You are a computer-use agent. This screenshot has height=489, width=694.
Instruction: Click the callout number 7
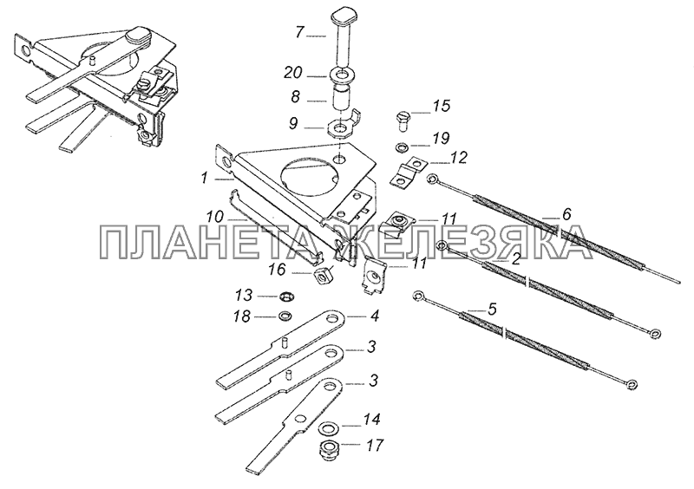pyautogui.click(x=301, y=32)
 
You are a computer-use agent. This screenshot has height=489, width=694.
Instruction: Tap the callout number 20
pyautogui.click(x=293, y=73)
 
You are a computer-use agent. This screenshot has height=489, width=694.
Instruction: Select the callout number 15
pyautogui.click(x=441, y=106)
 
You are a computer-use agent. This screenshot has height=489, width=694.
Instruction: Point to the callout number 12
pyautogui.click(x=459, y=157)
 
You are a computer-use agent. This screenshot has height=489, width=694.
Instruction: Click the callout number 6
pyautogui.click(x=566, y=214)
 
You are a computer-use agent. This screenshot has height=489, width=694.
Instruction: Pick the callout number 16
pyautogui.click(x=278, y=269)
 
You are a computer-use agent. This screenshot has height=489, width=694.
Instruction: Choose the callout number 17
pyautogui.click(x=374, y=445)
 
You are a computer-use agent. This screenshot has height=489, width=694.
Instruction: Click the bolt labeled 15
pyautogui.click(x=402, y=121)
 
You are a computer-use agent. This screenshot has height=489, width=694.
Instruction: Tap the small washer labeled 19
pyautogui.click(x=403, y=147)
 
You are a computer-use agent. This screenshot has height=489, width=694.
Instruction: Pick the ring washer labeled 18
pyautogui.click(x=285, y=316)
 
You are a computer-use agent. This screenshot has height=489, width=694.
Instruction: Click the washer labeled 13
pyautogui.click(x=288, y=295)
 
